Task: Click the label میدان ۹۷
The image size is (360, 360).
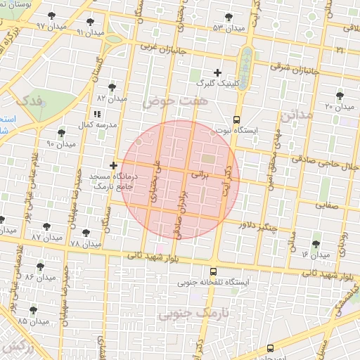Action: point(51,26)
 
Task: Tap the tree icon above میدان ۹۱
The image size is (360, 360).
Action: point(90,22)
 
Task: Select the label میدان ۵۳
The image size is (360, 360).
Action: point(229,28)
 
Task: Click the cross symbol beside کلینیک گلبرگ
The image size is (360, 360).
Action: point(217,72)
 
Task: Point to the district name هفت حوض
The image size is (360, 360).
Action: point(167,103)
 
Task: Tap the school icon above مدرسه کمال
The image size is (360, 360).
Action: point(96,113)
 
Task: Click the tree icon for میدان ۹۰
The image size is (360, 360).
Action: point(61,133)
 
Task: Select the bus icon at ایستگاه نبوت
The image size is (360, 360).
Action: point(236,120)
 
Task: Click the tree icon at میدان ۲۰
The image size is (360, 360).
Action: point(341,95)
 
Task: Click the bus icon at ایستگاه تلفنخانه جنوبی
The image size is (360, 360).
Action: point(213,271)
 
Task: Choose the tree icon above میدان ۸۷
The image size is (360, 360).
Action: point(46,227)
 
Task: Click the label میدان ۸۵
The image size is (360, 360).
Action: point(33,321)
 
